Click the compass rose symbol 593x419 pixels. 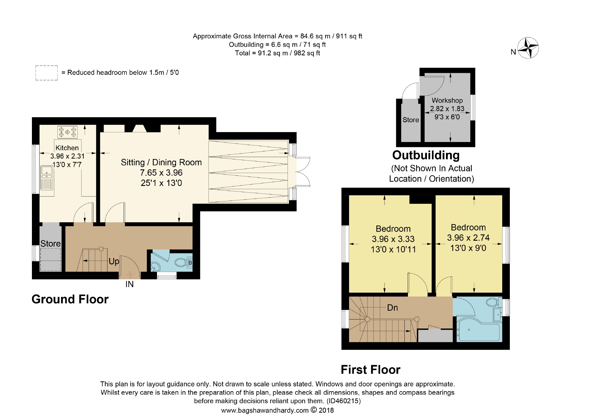coord(528,48)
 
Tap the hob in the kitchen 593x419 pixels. coord(67,132)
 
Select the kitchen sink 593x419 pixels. coord(47,177)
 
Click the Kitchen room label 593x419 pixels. coord(67,148)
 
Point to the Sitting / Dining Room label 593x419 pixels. coord(161,162)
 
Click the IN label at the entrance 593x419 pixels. coord(129,284)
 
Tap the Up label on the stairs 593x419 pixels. coord(114,261)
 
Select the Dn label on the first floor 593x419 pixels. coord(392,307)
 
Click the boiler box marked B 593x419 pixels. coord(190,263)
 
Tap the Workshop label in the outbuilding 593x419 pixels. coord(447,100)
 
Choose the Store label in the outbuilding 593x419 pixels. coord(411,120)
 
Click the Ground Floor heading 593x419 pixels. coord(70,299)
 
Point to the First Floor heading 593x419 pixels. coord(370,370)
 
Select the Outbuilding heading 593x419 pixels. coord(426,155)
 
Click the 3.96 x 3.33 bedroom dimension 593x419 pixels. coord(393,239)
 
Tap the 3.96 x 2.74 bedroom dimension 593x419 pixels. coord(468,237)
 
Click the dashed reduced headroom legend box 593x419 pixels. coord(47,73)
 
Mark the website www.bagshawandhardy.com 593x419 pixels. coord(265,411)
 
